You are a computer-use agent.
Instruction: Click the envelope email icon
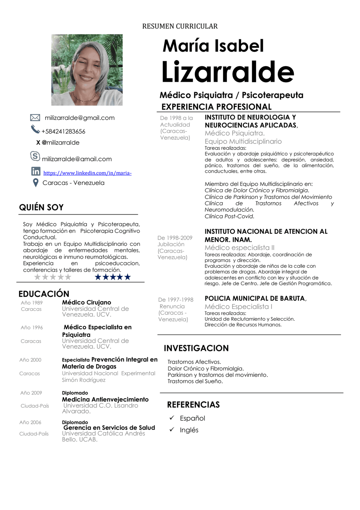35,118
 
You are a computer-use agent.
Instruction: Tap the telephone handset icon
35,129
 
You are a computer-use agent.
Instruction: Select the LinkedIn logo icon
36,171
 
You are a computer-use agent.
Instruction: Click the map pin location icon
36,183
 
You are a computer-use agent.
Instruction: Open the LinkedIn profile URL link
87,173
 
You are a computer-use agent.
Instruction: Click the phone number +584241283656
63,131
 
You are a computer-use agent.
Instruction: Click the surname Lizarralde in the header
227,72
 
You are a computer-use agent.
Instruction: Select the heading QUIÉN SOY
41,208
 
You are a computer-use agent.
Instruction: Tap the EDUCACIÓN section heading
44,294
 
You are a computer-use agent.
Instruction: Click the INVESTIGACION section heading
196,348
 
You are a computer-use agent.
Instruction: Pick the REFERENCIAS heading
193,405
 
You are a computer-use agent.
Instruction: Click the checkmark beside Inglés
172,429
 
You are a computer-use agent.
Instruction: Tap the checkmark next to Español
172,418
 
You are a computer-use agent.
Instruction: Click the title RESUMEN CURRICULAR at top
180,26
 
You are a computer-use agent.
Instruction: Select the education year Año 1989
32,303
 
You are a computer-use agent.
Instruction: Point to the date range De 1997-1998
176,300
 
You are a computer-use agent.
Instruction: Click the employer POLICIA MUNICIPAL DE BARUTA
255,298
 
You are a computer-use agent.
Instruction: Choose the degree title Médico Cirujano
87,302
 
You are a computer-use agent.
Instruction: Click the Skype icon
35,156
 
